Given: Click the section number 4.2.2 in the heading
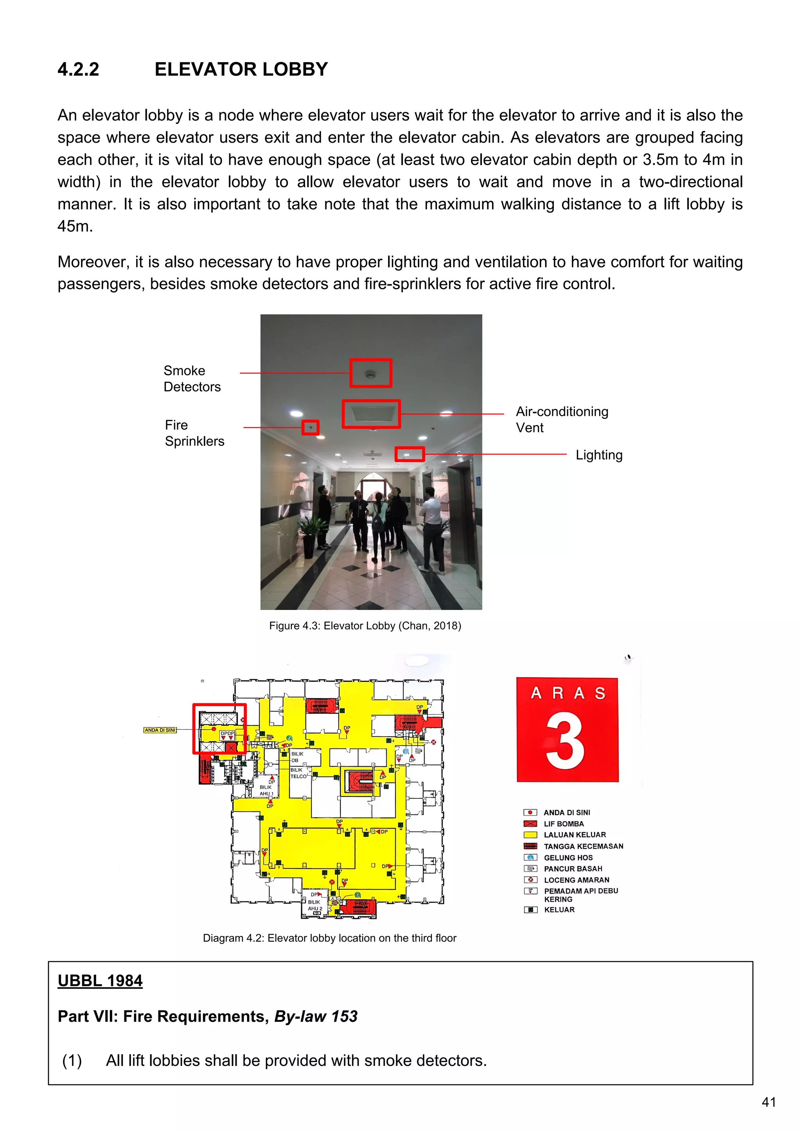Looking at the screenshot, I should pos(79,70).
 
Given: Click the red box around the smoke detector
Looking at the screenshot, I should pos(371,373).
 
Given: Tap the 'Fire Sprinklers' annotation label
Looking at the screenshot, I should pos(194,433).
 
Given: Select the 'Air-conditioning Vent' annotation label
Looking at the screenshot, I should pos(562,420).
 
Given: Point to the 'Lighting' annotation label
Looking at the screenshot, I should pos(599,455).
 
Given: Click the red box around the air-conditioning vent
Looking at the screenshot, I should pos(371,414).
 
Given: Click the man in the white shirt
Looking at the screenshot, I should pos(431,527).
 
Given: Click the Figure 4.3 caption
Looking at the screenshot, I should pos(365,626).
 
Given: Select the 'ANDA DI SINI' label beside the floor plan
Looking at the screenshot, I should pos(160,730).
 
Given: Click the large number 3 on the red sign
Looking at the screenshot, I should pos(565,741).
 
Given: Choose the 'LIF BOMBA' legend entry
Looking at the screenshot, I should pos(564,824).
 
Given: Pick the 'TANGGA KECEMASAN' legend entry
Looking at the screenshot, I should pos(584,847).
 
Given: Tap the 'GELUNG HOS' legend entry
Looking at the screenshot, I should pos(568,858).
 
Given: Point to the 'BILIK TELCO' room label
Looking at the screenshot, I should pos(298,773).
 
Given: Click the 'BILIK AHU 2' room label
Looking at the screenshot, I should pos(315,905).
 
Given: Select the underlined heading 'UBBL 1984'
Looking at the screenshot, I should pos(100,981).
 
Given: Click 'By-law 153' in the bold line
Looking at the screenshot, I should pos(316,1017).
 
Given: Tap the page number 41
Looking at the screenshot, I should pos(769,1102).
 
